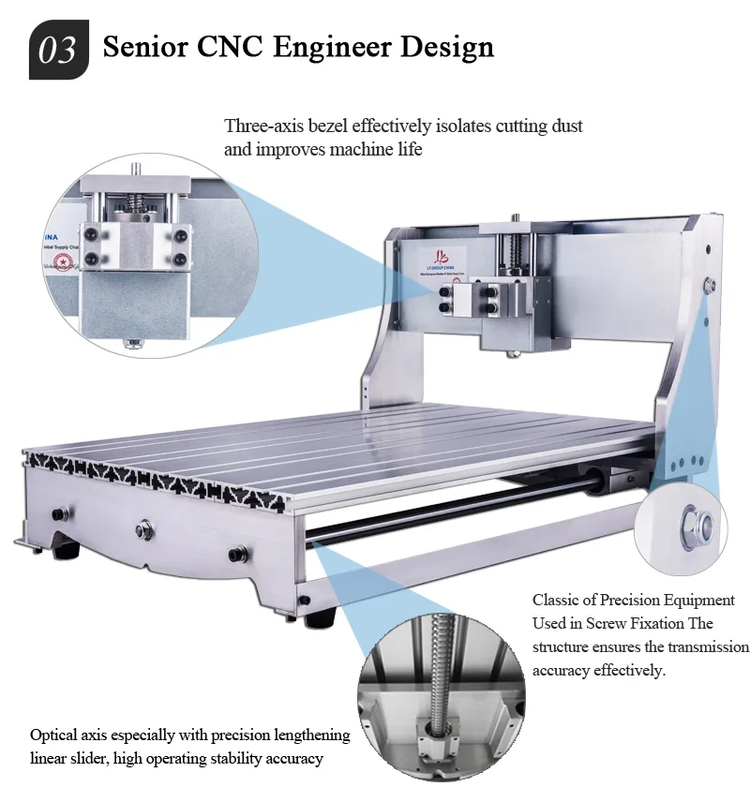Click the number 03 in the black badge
point(58,49)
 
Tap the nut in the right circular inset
point(698,523)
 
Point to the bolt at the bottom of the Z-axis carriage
point(513,354)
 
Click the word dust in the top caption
point(565,126)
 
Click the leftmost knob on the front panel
point(62,513)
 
